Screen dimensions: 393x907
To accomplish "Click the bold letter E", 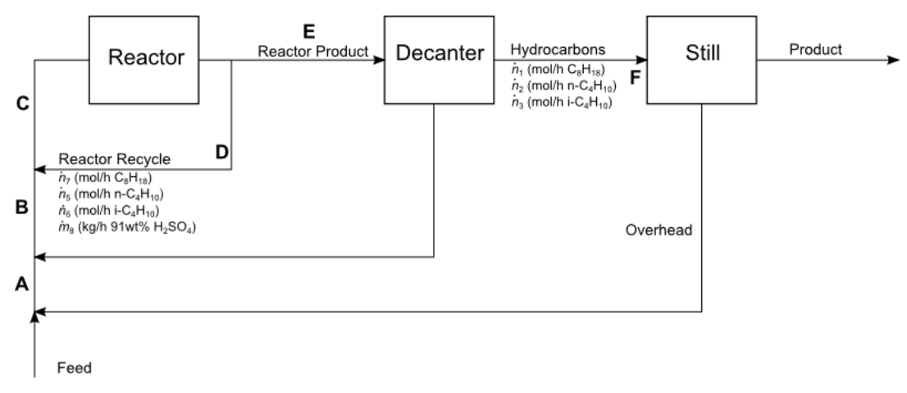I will tap(308, 31).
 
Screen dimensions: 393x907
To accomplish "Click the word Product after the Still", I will tap(815, 49).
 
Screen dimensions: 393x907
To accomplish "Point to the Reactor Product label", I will tap(312, 51).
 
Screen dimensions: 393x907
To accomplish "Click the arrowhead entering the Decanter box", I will tap(379, 60).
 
